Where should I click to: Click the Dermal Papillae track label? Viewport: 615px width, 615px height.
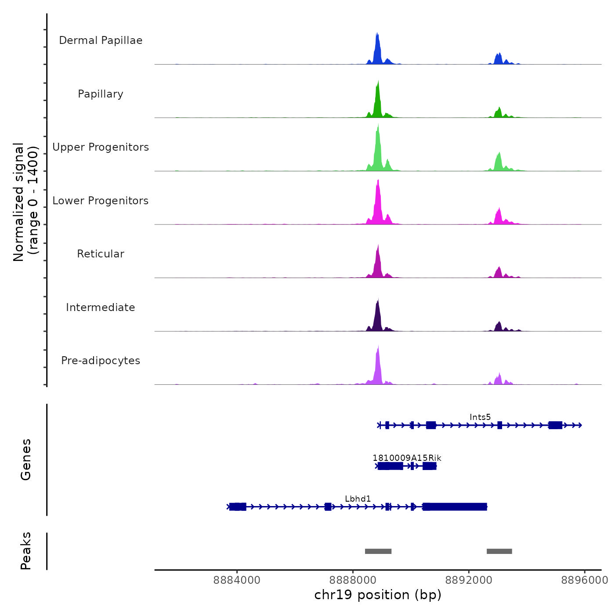pyautogui.click(x=101, y=40)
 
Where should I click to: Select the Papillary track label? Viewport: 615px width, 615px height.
pyautogui.click(x=101, y=94)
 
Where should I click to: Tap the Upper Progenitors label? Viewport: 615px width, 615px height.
pyautogui.click(x=101, y=147)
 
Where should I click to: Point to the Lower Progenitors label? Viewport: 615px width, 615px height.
pyautogui.click(x=101, y=201)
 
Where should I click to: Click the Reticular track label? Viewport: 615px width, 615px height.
pyautogui.click(x=101, y=254)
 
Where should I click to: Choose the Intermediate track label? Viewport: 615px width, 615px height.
pyautogui.click(x=101, y=307)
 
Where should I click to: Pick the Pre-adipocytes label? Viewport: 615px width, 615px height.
pyautogui.click(x=101, y=361)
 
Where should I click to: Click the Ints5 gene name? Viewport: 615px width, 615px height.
pyautogui.click(x=480, y=417)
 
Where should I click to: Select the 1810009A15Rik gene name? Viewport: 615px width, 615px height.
pyautogui.click(x=407, y=458)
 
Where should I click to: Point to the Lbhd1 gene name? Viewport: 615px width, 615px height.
pyautogui.click(x=358, y=499)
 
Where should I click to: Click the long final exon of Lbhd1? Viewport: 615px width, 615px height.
pyautogui.click(x=455, y=507)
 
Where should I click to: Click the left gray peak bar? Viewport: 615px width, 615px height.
pyautogui.click(x=378, y=551)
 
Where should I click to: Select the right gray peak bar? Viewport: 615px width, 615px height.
pyautogui.click(x=499, y=551)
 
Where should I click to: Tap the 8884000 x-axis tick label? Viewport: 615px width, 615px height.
pyautogui.click(x=237, y=580)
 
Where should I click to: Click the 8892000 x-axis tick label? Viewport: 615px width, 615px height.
pyautogui.click(x=469, y=580)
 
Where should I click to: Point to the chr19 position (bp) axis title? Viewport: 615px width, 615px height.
pyautogui.click(x=378, y=595)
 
